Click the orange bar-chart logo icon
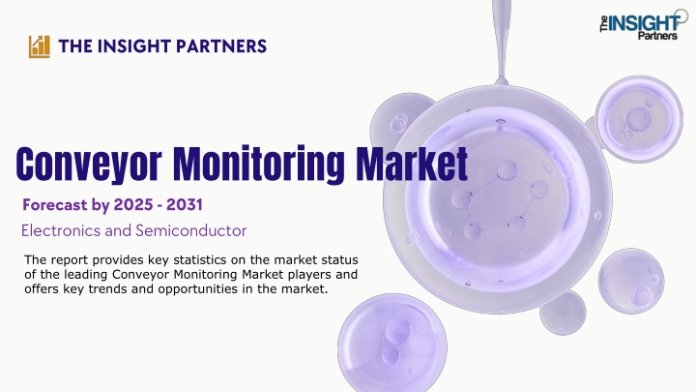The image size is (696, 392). (39, 46)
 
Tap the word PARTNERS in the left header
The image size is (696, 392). (221, 46)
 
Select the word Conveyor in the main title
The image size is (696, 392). (89, 165)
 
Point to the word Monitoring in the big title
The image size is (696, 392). (258, 165)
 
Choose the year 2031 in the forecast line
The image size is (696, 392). (185, 205)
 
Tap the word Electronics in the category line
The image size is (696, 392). (54, 230)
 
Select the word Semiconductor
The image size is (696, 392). (190, 230)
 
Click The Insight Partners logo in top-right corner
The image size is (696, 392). (643, 25)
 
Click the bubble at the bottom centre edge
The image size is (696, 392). (392, 343)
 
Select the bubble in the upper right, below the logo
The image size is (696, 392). (639, 118)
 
